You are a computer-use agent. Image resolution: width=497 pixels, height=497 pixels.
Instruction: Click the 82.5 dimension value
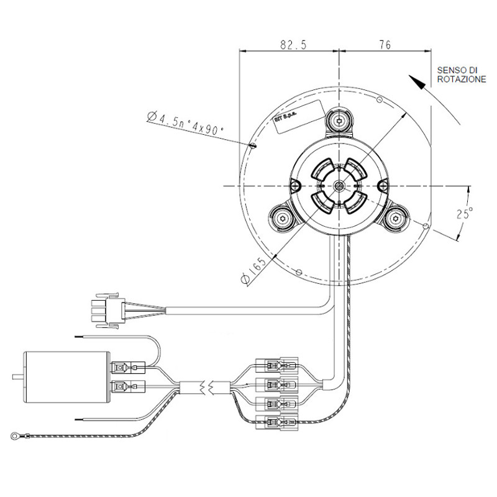pos(289,45)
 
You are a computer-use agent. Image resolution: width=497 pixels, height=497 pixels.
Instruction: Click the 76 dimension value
pos(385,45)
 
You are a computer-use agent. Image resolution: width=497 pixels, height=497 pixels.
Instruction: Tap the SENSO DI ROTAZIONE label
pos(460,75)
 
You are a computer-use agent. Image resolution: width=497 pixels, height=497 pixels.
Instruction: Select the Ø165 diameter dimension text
pos(255,271)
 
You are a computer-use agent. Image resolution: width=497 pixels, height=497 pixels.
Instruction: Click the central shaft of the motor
pos(339,186)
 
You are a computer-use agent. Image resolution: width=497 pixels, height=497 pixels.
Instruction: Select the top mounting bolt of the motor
pos(339,121)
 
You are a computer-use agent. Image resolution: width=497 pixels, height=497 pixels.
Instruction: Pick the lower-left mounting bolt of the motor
pos(283,219)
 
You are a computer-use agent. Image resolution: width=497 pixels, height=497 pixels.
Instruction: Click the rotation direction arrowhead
pos(417,81)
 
